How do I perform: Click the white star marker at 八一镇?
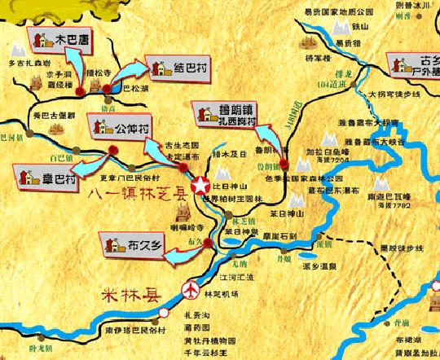tap(200, 187)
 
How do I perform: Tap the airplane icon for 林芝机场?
tap(191, 288)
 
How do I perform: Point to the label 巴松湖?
tap(137, 88)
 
